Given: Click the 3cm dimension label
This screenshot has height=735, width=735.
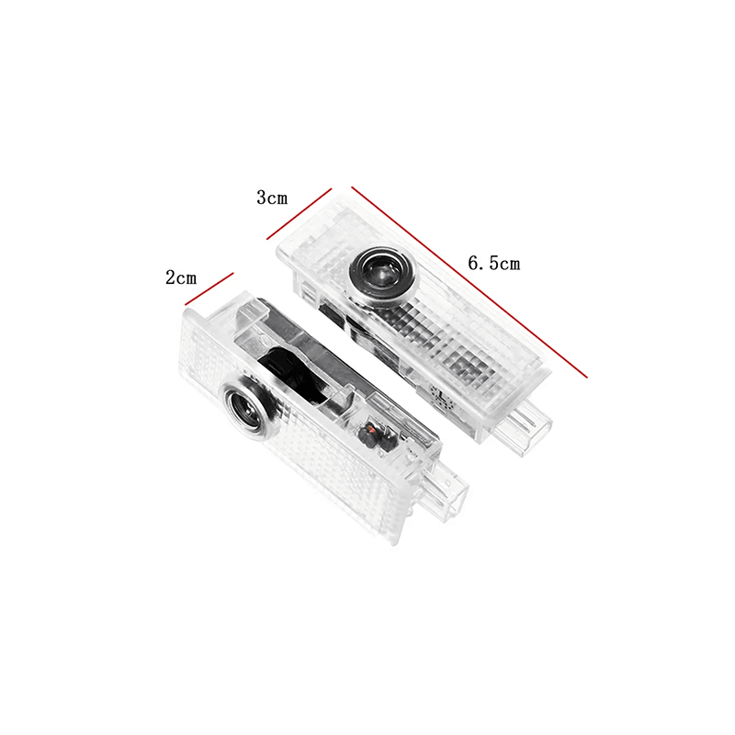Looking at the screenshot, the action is [x=272, y=198].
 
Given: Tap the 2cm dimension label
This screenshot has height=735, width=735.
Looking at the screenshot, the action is [x=181, y=278].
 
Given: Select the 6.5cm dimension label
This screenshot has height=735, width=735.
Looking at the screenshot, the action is [x=494, y=263].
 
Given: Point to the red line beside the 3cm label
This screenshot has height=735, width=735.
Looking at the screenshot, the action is [x=300, y=214].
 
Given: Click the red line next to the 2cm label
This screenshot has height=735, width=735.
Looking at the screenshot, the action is [x=209, y=288].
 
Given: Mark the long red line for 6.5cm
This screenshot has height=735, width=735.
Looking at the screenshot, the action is [x=469, y=282].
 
